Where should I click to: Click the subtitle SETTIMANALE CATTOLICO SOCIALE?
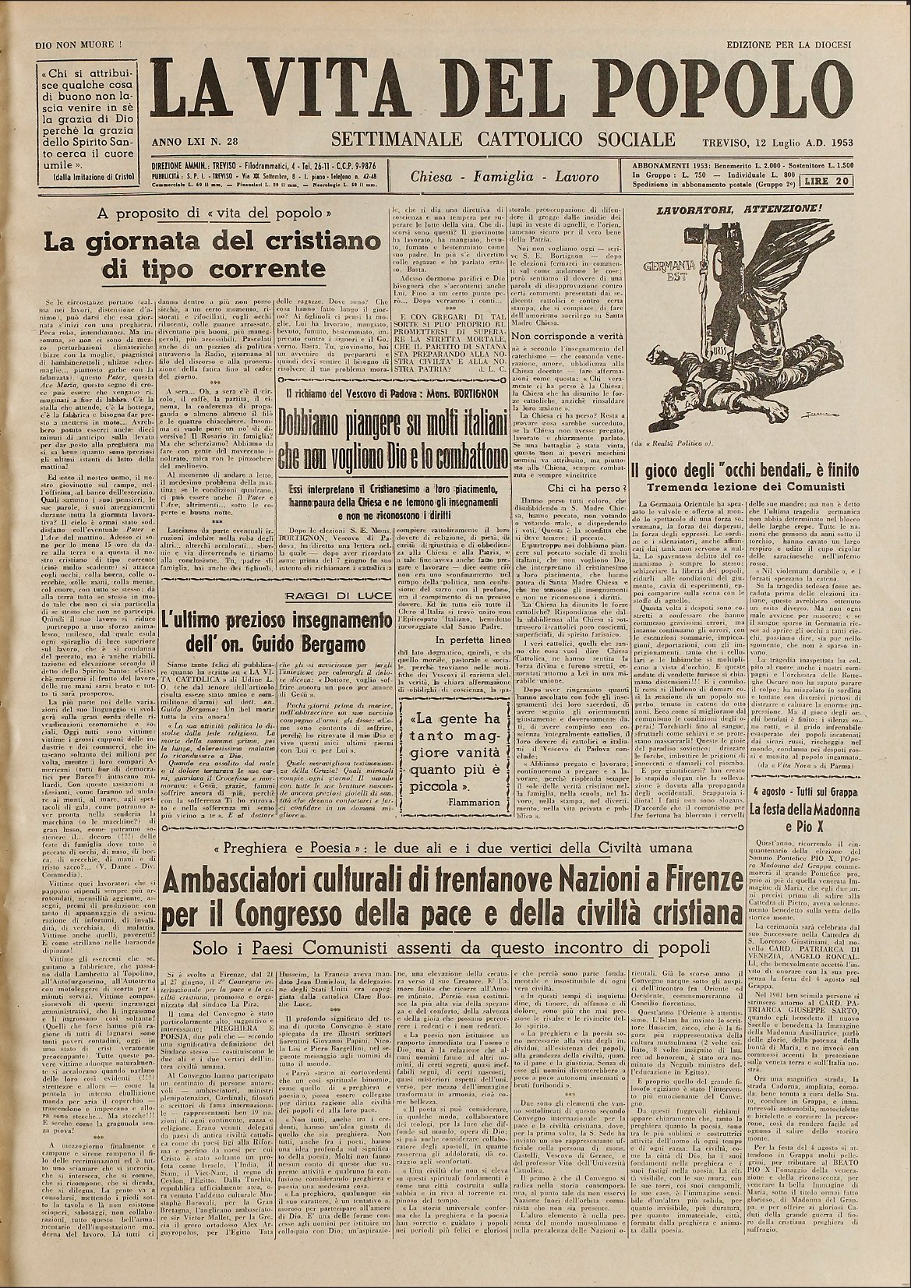[503, 139]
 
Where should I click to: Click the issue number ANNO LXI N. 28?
[196, 143]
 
